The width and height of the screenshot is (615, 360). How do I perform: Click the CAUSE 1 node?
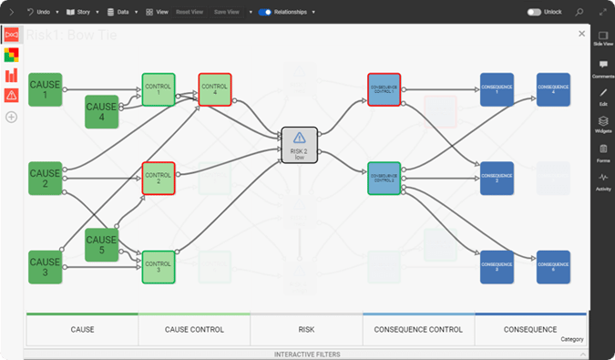click(x=45, y=90)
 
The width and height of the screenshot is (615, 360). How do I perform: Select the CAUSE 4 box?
click(x=101, y=112)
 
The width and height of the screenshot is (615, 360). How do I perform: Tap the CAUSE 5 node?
click(x=101, y=244)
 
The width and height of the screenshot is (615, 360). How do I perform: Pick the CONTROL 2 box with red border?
click(x=158, y=177)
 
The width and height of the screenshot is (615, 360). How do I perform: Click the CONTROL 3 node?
click(x=158, y=266)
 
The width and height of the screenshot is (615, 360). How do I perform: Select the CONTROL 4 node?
click(x=214, y=89)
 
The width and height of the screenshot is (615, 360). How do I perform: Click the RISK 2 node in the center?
click(x=299, y=145)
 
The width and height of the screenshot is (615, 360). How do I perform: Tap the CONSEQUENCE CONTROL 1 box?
click(x=384, y=89)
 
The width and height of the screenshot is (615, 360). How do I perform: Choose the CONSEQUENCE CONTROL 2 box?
click(x=384, y=178)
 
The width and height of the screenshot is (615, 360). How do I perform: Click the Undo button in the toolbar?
click(x=37, y=13)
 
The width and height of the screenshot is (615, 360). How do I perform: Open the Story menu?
click(x=78, y=13)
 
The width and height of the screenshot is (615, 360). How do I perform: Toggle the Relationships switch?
click(x=265, y=13)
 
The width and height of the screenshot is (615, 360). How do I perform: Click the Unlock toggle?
click(x=534, y=13)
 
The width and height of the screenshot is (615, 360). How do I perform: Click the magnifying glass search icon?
click(x=579, y=13)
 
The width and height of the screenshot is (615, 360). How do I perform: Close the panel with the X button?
click(x=582, y=34)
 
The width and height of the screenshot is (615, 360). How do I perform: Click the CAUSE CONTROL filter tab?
click(x=194, y=330)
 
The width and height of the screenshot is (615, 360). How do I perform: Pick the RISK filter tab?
click(x=306, y=330)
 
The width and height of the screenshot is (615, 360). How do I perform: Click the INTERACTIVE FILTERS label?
click(x=306, y=354)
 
